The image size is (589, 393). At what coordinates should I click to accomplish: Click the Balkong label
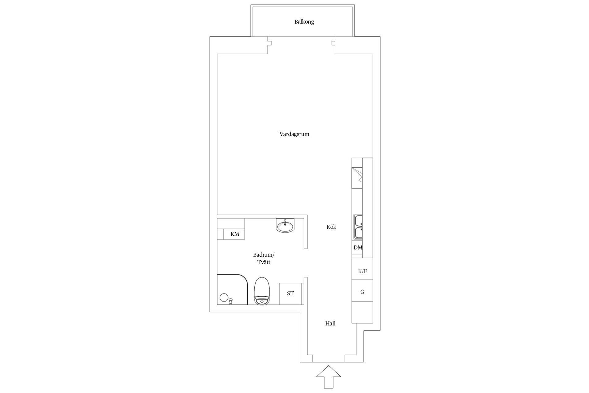(x=304, y=22)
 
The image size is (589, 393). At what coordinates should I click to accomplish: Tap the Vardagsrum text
(x=294, y=134)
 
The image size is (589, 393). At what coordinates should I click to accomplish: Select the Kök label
(x=331, y=227)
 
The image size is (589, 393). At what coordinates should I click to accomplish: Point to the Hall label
(x=330, y=324)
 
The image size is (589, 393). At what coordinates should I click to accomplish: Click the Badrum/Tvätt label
(x=264, y=259)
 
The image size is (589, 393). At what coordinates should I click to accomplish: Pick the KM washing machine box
(x=234, y=234)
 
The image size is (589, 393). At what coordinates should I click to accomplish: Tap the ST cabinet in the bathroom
(x=290, y=294)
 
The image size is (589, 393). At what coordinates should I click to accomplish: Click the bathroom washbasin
(x=285, y=225)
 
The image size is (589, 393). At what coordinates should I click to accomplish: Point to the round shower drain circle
(x=224, y=298)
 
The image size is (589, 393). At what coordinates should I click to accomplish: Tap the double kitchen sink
(x=358, y=227)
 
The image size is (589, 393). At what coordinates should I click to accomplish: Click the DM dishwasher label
(x=357, y=247)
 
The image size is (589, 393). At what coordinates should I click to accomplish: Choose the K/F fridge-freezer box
(x=362, y=271)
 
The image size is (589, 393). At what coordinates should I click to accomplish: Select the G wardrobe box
(x=362, y=292)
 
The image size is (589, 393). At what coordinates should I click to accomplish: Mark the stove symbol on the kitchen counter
(x=357, y=178)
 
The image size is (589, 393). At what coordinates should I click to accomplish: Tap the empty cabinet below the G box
(x=362, y=312)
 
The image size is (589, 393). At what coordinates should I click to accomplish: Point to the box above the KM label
(x=231, y=224)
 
